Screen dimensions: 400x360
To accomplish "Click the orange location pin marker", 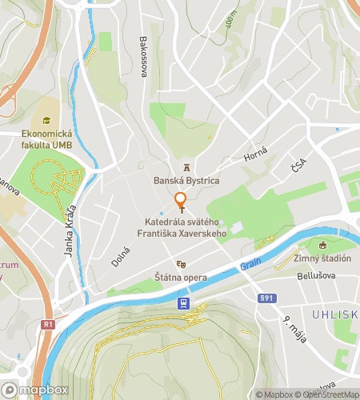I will click(181, 202).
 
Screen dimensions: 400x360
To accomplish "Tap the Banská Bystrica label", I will click(186, 180).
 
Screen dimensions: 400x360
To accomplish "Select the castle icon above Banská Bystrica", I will click(186, 167).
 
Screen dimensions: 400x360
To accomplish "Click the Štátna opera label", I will click(181, 278).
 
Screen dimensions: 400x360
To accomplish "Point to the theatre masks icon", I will click(181, 263).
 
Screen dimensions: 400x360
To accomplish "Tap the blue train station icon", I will click(183, 303).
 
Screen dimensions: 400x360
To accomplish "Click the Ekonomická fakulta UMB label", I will click(46, 138).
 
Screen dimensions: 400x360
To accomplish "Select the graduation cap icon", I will click(46, 121).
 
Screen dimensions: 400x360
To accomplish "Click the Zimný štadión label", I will click(323, 258).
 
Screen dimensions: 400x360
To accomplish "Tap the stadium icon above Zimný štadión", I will click(323, 245).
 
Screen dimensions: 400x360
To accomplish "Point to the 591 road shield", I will click(267, 298).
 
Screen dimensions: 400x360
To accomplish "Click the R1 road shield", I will click(49, 325).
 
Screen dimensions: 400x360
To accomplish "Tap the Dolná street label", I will click(121, 256).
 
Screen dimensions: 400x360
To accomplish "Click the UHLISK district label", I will click(337, 314).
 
